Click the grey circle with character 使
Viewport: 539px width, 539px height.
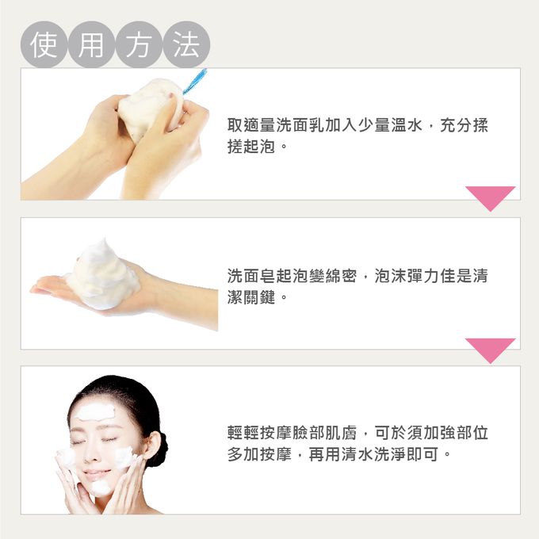coord(44,44)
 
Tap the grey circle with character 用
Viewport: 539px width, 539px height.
coord(91,44)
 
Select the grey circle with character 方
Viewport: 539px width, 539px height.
coord(139,44)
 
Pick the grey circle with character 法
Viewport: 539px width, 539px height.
coord(186,44)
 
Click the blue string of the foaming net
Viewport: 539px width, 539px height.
coord(195,81)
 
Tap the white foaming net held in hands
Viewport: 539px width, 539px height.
coord(151,106)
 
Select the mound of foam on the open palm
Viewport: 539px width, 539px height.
coord(102,275)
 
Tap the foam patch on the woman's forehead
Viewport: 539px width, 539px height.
coord(95,412)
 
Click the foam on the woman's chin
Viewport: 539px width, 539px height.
coord(101,487)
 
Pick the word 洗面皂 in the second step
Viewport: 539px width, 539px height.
coord(251,276)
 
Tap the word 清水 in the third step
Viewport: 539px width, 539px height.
coord(357,454)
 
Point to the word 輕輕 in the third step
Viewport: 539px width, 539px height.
coord(243,433)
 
